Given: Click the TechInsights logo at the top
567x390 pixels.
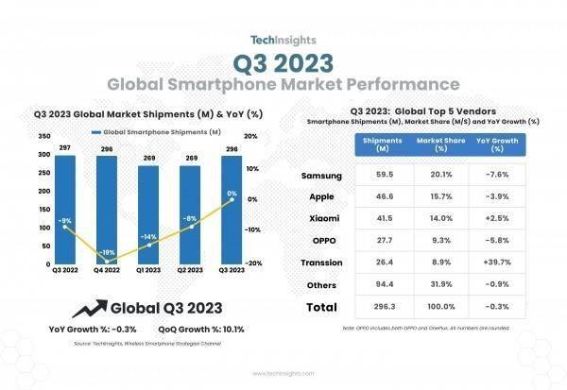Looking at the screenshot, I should point(283,41).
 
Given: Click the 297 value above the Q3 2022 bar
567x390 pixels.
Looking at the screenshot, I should point(64,148).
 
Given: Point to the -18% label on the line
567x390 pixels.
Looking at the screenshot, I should point(109,252).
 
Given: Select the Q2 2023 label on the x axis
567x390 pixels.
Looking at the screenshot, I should point(190,270).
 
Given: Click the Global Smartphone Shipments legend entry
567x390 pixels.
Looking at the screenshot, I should point(156,131).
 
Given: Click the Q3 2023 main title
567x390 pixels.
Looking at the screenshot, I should point(283,63).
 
